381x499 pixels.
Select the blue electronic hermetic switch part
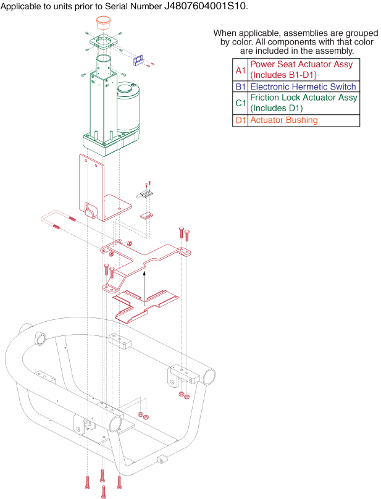140,60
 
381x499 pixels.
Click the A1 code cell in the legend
240,69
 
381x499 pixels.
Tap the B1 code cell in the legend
240,87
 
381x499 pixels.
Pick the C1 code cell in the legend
240,103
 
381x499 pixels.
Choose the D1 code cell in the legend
240,120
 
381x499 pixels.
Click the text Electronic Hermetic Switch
303,87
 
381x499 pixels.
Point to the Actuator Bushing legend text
283,120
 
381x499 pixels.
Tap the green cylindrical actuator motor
129,105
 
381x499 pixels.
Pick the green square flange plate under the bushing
103,43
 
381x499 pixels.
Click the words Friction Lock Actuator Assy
303,98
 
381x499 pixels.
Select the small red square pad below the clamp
146,216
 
